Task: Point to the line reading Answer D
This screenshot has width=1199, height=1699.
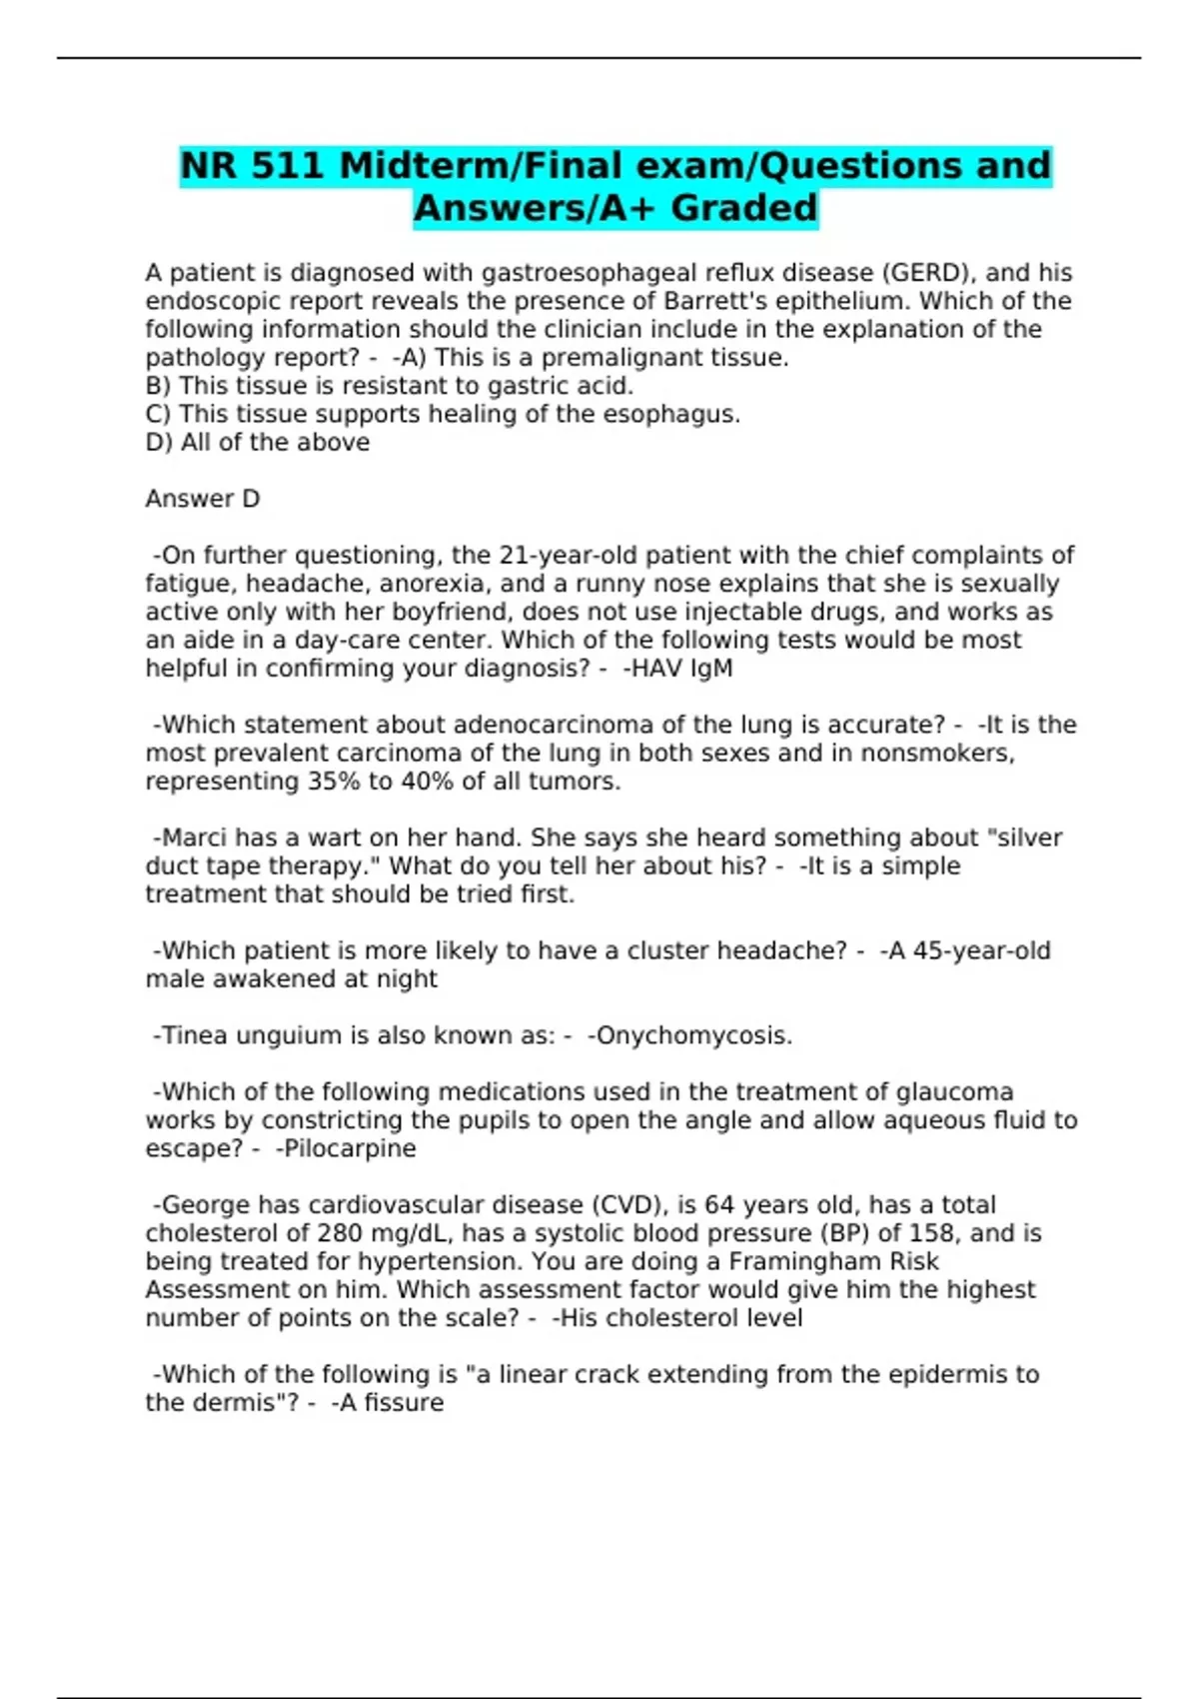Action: [x=202, y=499]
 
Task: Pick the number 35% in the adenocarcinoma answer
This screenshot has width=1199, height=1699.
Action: [x=334, y=781]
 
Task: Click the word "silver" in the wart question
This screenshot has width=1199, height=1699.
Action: [x=1024, y=838]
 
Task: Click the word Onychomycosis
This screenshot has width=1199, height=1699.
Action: [x=693, y=1035]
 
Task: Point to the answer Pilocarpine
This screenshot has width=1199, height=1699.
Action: [x=349, y=1148]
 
